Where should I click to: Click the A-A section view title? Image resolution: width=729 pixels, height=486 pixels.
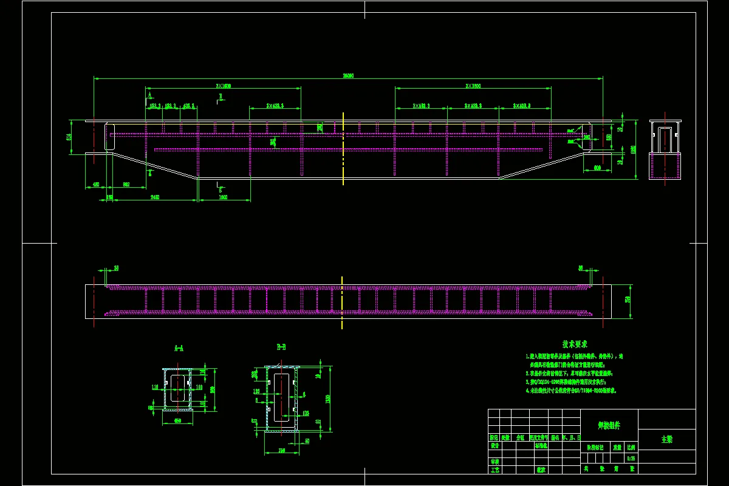point(179,349)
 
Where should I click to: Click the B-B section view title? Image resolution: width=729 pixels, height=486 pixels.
point(281,347)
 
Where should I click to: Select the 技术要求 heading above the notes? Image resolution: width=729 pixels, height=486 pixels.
point(574,344)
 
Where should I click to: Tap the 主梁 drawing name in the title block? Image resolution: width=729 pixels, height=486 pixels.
point(666,439)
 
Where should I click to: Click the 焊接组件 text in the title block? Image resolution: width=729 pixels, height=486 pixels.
point(608,426)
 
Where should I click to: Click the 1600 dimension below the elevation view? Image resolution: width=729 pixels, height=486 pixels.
point(223,197)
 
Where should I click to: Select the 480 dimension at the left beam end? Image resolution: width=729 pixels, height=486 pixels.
point(96,184)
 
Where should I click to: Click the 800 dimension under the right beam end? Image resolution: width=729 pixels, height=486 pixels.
point(597,167)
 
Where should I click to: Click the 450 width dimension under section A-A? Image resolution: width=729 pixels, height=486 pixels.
point(178,420)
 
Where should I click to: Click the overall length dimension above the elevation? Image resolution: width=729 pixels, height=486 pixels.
point(348,76)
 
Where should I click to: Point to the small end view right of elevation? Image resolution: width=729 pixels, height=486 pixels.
point(665,149)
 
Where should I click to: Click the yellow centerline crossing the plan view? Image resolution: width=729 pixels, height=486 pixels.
point(342,302)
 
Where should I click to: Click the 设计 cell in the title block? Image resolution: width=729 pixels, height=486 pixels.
point(495,445)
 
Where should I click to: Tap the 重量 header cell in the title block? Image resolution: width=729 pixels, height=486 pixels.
point(617,447)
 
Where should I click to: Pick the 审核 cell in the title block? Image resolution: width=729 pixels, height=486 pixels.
point(495,461)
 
